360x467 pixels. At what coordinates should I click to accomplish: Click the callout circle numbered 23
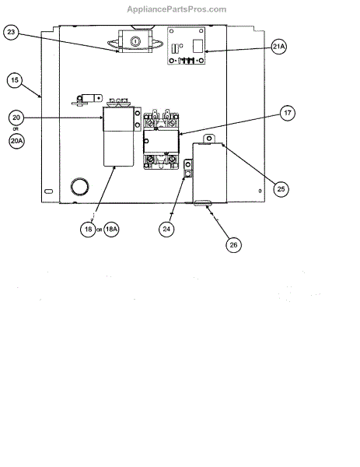[11, 32]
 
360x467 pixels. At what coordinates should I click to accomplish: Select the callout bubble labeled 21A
[279, 47]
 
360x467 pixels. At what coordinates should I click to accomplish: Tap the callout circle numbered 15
[15, 80]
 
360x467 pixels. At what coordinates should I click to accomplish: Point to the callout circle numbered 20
[16, 118]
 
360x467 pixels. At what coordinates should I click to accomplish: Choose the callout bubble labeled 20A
[16, 141]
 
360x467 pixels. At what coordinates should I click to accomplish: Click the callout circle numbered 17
[288, 113]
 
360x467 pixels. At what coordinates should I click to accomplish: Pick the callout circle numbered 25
[281, 189]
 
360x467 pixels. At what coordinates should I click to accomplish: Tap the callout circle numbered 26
[233, 245]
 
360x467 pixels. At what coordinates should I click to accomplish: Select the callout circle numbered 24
[166, 229]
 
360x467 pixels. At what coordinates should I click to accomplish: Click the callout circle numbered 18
[88, 230]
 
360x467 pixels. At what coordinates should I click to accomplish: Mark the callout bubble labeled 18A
[111, 229]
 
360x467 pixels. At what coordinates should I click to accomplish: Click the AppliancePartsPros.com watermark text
[177, 9]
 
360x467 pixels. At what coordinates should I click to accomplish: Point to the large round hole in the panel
[79, 187]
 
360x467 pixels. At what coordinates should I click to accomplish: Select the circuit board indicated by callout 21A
[187, 46]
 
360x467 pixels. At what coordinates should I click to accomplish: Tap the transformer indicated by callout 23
[135, 41]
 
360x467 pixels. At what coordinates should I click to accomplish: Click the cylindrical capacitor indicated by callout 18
[118, 135]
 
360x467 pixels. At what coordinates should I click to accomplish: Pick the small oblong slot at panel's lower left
[48, 191]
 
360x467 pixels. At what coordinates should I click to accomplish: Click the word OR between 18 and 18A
[100, 230]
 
